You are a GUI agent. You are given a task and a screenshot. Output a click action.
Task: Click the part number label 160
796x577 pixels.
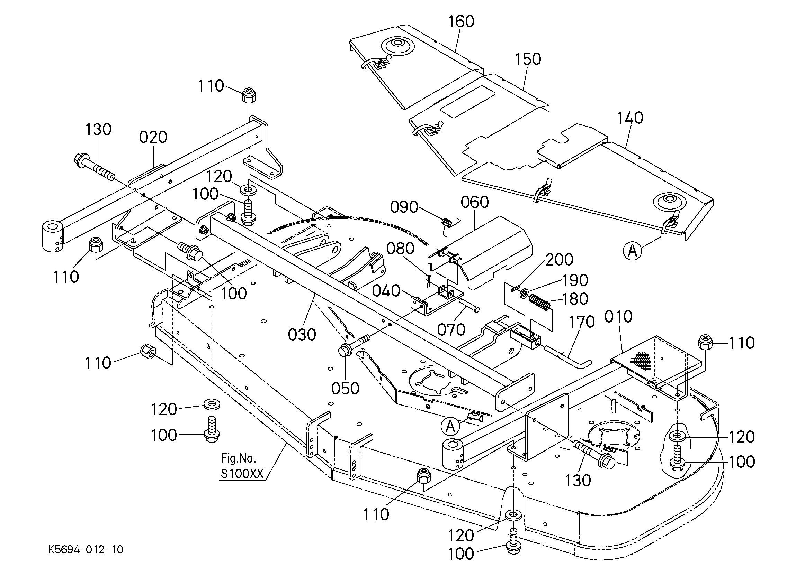click(461, 21)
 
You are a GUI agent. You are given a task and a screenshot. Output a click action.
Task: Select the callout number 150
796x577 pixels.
click(528, 59)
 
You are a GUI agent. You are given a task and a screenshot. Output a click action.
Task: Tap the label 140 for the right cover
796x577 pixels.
click(630, 118)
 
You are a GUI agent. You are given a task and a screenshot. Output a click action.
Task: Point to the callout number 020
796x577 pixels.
click(153, 137)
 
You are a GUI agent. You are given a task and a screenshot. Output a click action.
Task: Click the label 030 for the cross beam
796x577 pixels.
click(302, 335)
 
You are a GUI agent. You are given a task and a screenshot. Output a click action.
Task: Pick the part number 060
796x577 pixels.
click(474, 202)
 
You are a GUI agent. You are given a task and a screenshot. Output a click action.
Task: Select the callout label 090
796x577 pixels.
click(404, 207)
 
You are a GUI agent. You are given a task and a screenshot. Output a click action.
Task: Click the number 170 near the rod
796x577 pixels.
click(581, 322)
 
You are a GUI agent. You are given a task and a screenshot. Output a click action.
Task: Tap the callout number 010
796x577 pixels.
click(618, 317)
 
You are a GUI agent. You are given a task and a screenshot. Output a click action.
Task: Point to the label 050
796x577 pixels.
click(345, 389)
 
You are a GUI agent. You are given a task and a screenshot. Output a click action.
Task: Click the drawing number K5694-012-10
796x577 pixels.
click(86, 549)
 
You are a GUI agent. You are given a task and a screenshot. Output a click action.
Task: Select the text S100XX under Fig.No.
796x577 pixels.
click(242, 474)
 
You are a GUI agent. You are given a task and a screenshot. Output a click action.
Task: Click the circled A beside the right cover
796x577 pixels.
click(633, 251)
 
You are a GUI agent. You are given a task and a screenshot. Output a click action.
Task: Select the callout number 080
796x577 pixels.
click(400, 249)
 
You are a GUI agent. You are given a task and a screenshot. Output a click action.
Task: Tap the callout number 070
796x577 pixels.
click(451, 330)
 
